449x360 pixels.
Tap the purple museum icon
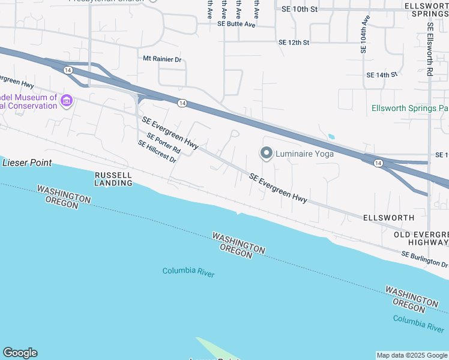[66, 101]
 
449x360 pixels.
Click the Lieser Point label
[27, 163]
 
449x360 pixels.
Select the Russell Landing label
[113, 179]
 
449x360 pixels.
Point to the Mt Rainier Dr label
[162, 59]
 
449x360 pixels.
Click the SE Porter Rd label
[163, 142]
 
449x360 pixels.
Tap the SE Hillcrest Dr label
[157, 152]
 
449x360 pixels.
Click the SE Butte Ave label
[237, 25]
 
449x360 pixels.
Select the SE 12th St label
[294, 43]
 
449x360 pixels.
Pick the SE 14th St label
[382, 75]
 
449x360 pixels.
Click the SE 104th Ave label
[364, 35]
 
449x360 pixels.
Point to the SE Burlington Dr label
[424, 260]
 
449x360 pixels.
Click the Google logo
[20, 353]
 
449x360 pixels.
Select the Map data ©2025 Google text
[412, 355]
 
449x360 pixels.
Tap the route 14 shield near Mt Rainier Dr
[181, 103]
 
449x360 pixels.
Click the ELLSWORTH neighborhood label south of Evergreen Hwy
[388, 218]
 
